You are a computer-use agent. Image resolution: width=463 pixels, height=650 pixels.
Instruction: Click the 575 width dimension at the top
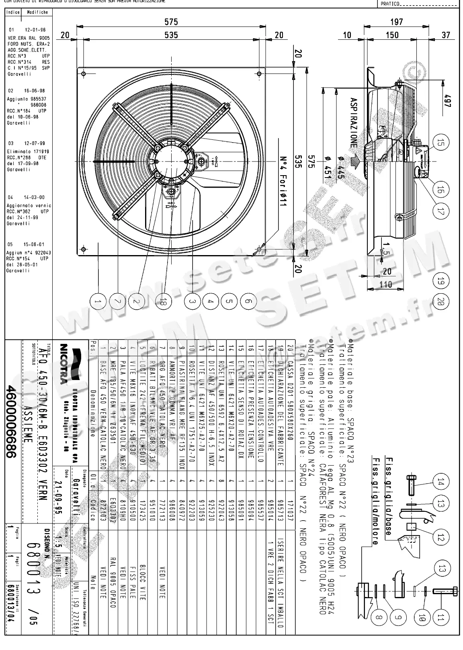point(171,22)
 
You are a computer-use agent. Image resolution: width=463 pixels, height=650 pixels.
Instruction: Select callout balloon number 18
point(162,301)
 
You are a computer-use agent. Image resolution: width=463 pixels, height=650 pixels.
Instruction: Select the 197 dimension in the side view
point(396,22)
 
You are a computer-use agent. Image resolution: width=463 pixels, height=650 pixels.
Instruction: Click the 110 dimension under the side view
point(386,284)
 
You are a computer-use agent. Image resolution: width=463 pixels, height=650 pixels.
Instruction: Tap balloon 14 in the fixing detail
point(441,482)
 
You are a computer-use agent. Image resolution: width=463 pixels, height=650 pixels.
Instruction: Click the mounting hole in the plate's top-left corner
point(83,74)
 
